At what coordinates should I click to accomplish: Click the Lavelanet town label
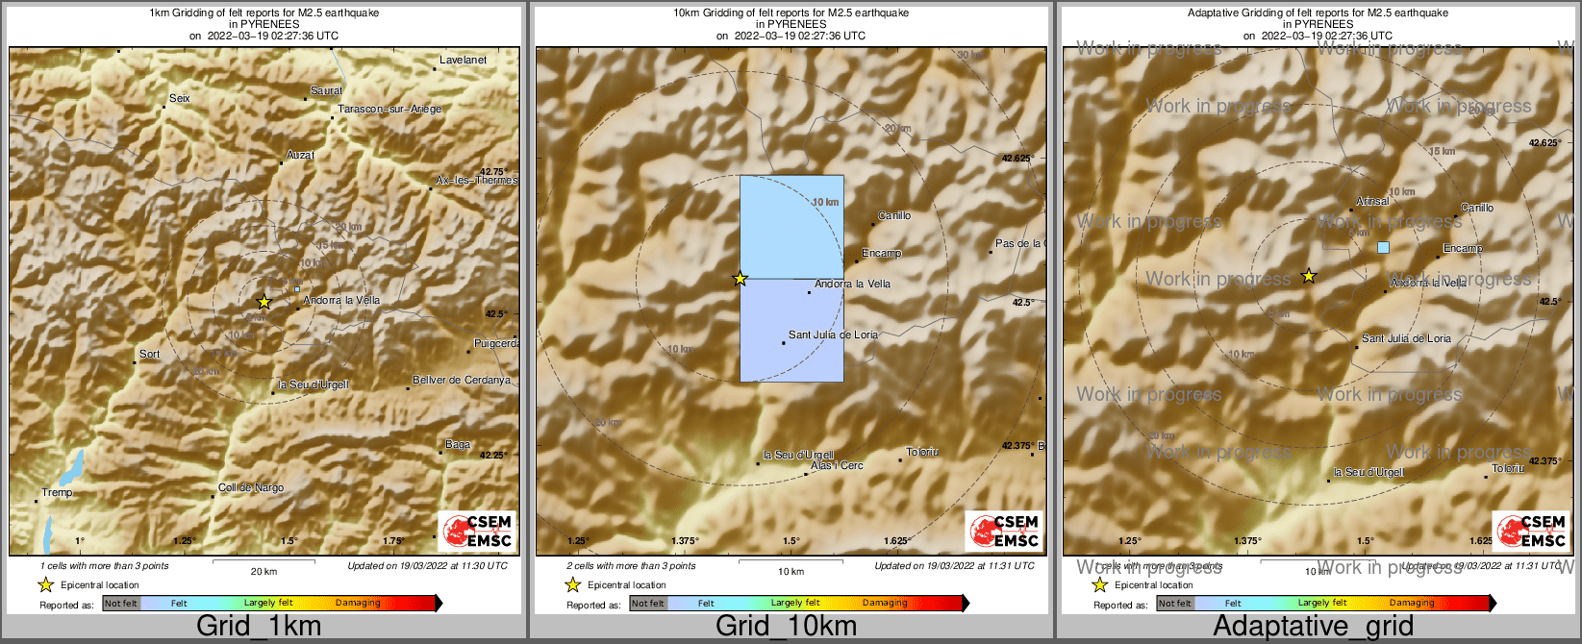tap(463, 60)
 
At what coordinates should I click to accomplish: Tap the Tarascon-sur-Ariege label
tap(389, 110)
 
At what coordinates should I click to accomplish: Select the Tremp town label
tap(57, 493)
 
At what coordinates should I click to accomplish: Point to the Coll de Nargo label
tap(251, 488)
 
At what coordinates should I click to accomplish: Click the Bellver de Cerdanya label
tap(462, 381)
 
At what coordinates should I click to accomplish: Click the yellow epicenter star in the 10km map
tap(740, 279)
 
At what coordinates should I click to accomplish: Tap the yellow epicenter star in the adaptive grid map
tap(1308, 277)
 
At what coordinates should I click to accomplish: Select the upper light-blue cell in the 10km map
tap(791, 227)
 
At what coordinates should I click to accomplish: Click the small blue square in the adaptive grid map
tap(1383, 248)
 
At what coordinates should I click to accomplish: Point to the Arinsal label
tap(1372, 202)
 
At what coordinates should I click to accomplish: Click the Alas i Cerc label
tap(837, 466)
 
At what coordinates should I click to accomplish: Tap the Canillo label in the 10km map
tap(894, 216)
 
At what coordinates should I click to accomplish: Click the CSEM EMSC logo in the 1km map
tap(477, 532)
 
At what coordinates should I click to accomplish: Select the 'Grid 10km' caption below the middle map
tap(786, 627)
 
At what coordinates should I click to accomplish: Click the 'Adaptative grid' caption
tap(1313, 627)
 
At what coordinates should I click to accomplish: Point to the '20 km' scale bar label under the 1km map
tap(264, 572)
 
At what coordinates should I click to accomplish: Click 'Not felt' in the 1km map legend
tap(121, 604)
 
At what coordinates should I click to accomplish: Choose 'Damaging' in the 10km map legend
tap(885, 604)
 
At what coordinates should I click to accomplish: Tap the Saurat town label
tap(326, 91)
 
